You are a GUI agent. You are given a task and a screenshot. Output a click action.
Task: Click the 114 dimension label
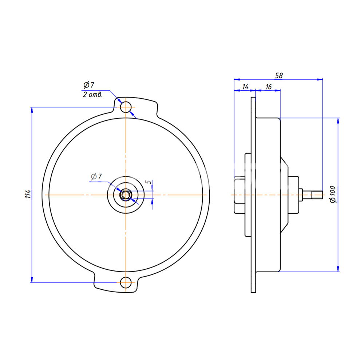(x=28, y=194)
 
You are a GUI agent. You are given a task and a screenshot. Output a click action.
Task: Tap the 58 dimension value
(x=279, y=75)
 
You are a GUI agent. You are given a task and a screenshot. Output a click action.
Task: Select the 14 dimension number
(x=245, y=87)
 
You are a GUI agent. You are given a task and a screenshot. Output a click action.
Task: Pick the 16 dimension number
(x=268, y=87)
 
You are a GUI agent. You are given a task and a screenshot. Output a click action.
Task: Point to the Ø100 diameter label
(x=333, y=194)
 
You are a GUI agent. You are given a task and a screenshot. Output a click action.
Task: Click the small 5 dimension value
(x=148, y=182)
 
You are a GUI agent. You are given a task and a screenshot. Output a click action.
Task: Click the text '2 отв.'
(x=92, y=95)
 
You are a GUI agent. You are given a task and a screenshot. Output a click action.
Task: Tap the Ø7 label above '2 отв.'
(x=89, y=85)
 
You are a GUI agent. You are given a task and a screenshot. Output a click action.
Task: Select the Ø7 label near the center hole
(x=96, y=177)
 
